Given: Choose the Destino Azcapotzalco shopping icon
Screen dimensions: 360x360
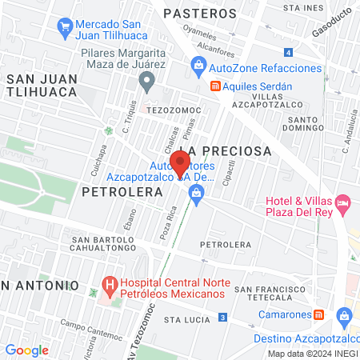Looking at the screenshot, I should click(x=345, y=316).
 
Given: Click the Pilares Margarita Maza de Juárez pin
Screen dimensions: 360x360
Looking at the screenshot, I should click(x=146, y=80).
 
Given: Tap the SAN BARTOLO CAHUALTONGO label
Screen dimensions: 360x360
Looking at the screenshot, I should click(x=101, y=245).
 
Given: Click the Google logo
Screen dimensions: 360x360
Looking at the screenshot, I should click(x=26, y=350).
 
